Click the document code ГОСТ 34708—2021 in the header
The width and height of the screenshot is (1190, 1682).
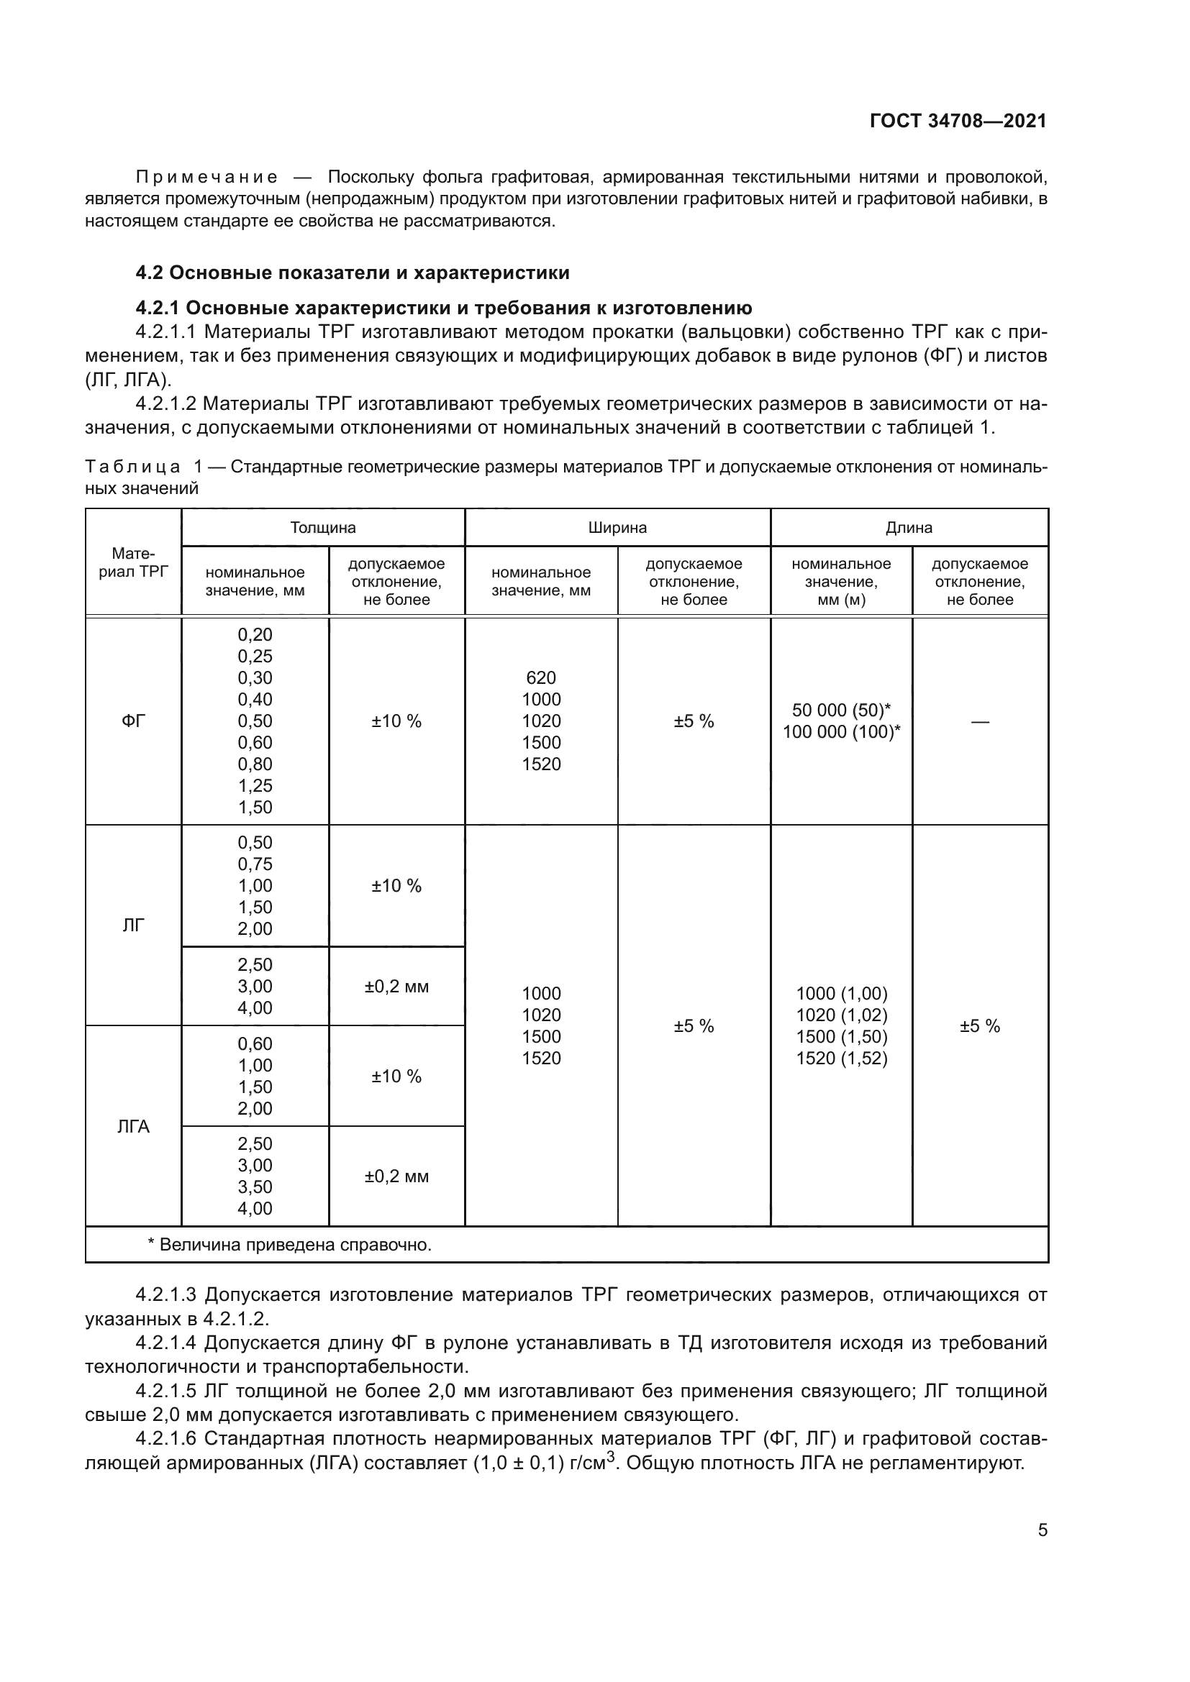tap(958, 121)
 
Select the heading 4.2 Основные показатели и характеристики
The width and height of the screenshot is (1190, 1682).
tap(353, 273)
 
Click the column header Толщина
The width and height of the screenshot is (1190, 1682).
tap(322, 527)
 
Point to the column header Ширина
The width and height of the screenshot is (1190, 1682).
tap(617, 527)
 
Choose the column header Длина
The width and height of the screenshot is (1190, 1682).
tap(909, 527)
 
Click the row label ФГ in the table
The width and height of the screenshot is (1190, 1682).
tap(133, 721)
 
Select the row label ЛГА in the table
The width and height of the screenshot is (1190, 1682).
tap(133, 1126)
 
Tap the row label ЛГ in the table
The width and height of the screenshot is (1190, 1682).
tap(133, 925)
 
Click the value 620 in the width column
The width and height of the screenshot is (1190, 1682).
tap(541, 677)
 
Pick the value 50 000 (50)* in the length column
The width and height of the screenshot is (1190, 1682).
tap(840, 710)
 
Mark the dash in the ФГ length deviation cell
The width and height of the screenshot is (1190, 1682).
tap(980, 721)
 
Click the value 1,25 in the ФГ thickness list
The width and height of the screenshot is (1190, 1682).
tap(254, 785)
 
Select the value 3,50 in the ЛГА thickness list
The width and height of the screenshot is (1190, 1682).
tap(254, 1187)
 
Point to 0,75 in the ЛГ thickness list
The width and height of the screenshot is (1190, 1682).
tap(254, 864)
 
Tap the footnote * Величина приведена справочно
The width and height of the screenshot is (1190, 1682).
tap(289, 1245)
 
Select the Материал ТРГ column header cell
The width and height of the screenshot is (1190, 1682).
tap(133, 562)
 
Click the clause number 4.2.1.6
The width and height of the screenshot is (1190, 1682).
tap(165, 1439)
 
